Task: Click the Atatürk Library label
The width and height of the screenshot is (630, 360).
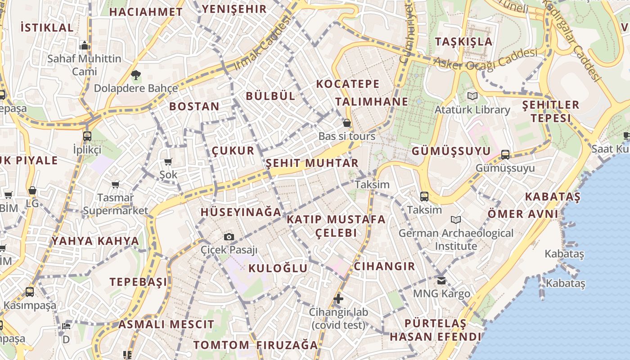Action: coord(472,110)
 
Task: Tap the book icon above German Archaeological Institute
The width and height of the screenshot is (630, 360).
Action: coord(456,220)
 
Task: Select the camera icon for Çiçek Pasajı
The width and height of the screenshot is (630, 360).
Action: coord(229,237)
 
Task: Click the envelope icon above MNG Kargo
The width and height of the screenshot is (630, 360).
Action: coord(441,280)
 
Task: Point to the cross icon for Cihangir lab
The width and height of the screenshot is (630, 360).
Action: coord(338,298)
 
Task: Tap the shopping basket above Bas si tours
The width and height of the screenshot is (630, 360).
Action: coord(347,123)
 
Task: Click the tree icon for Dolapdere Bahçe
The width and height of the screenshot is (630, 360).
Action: coord(135,75)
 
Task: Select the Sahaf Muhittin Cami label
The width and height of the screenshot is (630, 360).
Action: coord(85,65)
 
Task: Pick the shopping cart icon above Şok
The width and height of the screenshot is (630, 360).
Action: coord(168,162)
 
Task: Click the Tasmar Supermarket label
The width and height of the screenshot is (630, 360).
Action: coord(115,204)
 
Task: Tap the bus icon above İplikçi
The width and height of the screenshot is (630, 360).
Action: coord(87,136)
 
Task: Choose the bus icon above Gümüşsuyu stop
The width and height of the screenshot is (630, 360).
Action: coord(505,155)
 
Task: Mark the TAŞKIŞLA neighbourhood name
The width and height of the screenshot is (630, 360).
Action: coord(463,42)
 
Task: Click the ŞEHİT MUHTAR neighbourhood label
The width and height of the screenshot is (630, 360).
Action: coord(312,163)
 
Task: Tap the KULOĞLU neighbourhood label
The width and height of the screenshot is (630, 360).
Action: coord(278,268)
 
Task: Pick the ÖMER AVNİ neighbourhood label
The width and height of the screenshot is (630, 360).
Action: coord(523,214)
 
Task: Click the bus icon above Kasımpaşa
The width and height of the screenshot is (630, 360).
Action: coord(30,292)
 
